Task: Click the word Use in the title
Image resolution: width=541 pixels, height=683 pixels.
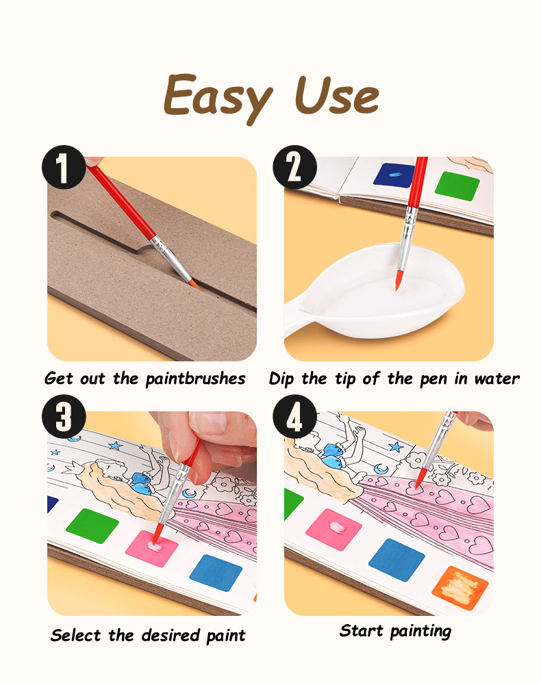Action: click(x=336, y=95)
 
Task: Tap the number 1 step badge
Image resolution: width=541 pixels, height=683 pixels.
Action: click(x=64, y=167)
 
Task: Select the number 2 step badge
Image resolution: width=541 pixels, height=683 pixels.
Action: click(x=294, y=167)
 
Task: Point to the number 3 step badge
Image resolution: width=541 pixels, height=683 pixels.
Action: click(x=64, y=416)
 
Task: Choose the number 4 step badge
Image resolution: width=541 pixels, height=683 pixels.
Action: click(x=294, y=416)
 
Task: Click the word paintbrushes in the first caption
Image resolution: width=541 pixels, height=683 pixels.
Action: click(x=195, y=379)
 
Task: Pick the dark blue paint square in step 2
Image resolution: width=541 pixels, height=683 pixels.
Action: click(x=394, y=175)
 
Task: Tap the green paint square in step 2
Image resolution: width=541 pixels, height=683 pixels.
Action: click(x=457, y=186)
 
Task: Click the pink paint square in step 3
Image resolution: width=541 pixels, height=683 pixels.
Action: click(x=152, y=548)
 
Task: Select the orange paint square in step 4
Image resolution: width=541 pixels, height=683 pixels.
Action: click(x=460, y=588)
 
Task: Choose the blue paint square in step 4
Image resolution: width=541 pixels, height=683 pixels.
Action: click(x=397, y=560)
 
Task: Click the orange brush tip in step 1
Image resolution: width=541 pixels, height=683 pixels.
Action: click(x=194, y=285)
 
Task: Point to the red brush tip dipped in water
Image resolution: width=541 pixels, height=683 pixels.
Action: click(x=399, y=280)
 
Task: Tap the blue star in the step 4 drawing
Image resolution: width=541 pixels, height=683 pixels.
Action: click(x=397, y=446)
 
